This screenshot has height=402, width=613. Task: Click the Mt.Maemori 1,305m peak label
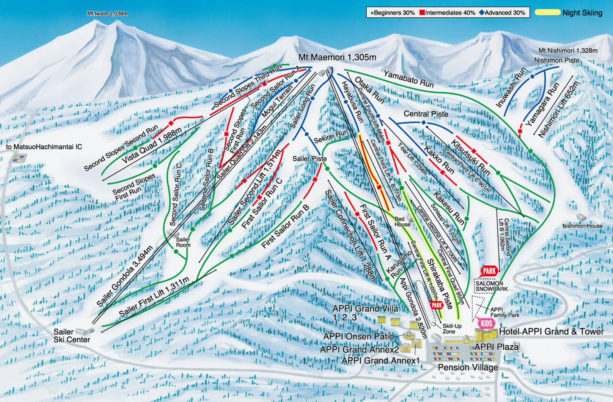click(x=337, y=57)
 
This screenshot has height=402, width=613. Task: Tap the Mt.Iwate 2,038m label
click(x=107, y=13)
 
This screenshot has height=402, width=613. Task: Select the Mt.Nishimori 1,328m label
click(x=568, y=51)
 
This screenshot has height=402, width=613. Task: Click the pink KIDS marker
click(x=486, y=323)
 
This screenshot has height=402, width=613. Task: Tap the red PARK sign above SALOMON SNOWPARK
click(x=489, y=271)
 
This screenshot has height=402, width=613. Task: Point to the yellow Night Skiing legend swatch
click(x=547, y=13)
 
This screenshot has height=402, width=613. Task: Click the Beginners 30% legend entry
click(x=393, y=13)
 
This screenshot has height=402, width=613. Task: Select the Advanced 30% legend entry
click(x=502, y=13)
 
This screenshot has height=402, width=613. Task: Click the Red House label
click(x=402, y=222)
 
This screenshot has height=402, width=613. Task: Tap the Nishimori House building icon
click(x=581, y=217)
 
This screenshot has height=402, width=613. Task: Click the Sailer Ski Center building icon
click(x=84, y=331)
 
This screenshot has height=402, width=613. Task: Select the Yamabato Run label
click(x=409, y=79)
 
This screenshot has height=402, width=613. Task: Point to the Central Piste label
click(x=426, y=114)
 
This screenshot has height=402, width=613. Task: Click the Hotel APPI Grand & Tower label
click(x=551, y=332)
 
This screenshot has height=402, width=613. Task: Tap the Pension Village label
click(x=468, y=367)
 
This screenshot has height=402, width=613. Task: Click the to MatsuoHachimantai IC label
click(x=44, y=147)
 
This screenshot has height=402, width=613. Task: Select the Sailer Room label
click(x=183, y=242)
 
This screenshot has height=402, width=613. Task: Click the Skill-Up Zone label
click(x=452, y=329)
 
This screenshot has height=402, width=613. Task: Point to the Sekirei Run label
click(x=331, y=137)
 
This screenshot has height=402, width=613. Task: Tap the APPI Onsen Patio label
click(x=358, y=336)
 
